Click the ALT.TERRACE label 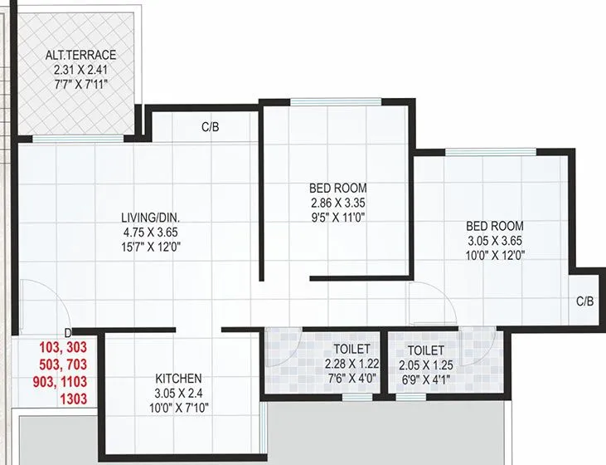(81, 56)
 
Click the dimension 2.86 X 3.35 (338, 203)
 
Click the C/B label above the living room (210, 128)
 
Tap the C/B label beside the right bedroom (585, 302)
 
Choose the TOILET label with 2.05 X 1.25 (426, 350)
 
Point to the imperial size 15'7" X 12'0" (151, 247)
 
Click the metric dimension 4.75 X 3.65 (151, 232)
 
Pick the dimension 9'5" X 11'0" (338, 218)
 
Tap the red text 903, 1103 (63, 381)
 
